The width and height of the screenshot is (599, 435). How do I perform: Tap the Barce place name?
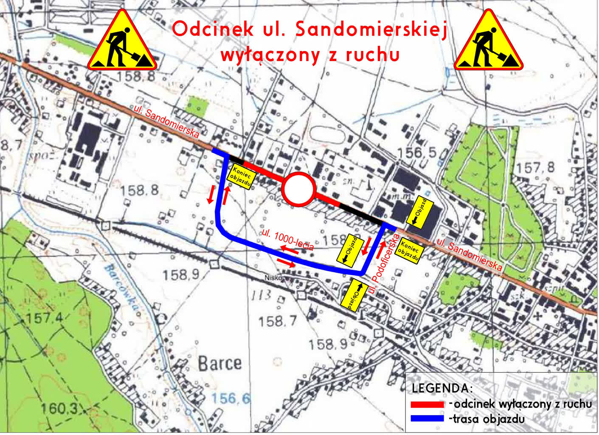(x=219, y=364)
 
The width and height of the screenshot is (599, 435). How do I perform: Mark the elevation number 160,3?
(x=59, y=409)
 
